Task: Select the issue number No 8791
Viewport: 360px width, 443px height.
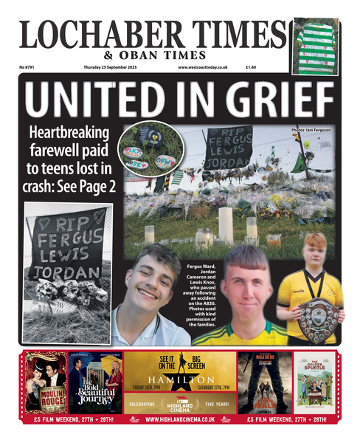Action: click(x=30, y=67)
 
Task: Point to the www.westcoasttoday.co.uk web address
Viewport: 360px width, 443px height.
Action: click(x=203, y=67)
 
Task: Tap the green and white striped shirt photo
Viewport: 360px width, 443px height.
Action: click(x=315, y=44)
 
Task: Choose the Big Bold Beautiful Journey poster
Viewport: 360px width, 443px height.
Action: click(x=95, y=382)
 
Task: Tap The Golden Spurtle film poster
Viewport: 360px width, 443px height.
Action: click(x=315, y=382)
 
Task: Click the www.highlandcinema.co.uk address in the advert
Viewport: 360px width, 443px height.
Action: click(x=180, y=419)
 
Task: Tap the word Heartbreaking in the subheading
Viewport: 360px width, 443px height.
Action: click(x=69, y=134)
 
